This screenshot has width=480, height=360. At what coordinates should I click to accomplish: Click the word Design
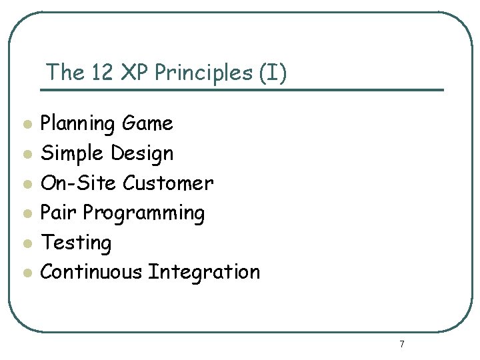tap(142, 154)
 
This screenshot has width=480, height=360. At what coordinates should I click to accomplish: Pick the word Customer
tap(169, 183)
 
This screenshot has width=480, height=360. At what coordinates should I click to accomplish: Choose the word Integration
tap(204, 273)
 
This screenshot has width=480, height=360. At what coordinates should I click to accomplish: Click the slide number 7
tap(401, 344)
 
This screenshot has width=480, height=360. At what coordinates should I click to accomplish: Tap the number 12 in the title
tap(101, 72)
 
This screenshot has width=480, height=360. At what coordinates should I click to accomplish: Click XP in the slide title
tap(135, 72)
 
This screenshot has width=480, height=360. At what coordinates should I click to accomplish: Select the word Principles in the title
tap(204, 73)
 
